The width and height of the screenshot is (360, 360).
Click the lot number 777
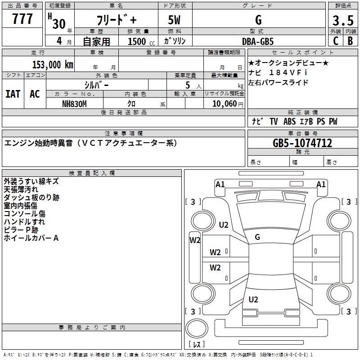click(22, 19)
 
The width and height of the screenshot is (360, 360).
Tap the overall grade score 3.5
click(342, 20)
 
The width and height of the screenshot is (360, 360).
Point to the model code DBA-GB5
click(257, 41)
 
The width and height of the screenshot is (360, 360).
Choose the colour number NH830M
click(75, 104)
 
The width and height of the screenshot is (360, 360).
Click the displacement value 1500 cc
click(137, 41)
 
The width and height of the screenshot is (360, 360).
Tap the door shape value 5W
click(175, 20)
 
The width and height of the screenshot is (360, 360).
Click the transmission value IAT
click(13, 94)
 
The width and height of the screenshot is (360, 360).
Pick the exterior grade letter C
click(335, 41)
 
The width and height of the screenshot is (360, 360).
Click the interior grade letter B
click(350, 41)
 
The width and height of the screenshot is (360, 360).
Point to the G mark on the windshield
click(257, 237)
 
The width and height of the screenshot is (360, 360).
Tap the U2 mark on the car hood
click(224, 225)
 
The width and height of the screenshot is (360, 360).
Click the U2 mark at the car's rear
click(253, 299)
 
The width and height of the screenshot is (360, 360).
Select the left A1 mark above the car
click(220, 184)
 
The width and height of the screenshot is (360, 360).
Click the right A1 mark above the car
click(321, 184)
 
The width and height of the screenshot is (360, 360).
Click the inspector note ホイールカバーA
click(31, 238)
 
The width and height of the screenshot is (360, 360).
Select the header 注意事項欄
click(124, 133)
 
